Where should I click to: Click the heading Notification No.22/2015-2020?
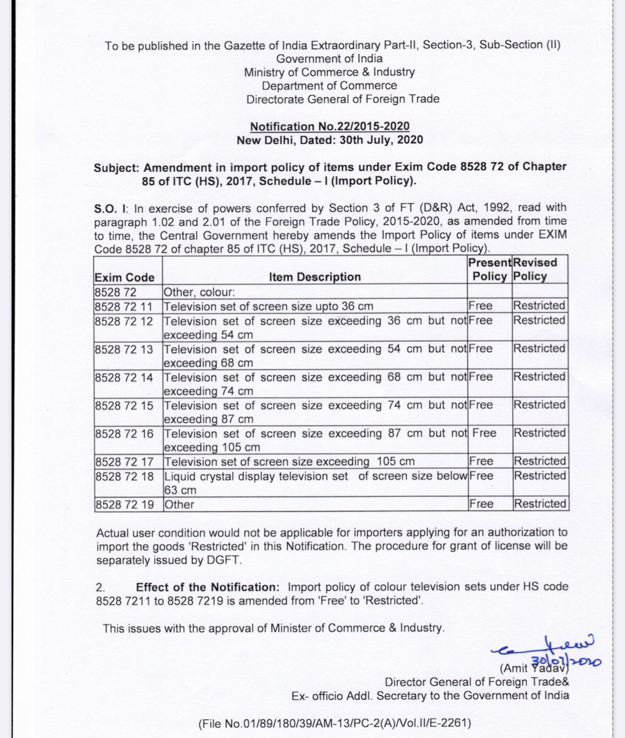[x=330, y=126]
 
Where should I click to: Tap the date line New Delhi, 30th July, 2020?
[x=330, y=140]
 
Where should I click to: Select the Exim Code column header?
[x=124, y=277]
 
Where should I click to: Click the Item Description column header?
[x=315, y=277]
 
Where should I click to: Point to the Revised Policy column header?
[x=535, y=269]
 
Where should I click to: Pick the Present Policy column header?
[x=490, y=269]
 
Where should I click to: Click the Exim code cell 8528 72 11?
[x=123, y=307]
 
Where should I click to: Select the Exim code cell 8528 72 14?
[x=124, y=378]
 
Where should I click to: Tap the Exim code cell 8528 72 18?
[x=124, y=476]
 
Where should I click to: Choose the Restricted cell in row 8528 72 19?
[x=539, y=504]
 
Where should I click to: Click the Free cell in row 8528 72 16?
[x=484, y=433]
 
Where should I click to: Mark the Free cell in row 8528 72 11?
[x=481, y=306]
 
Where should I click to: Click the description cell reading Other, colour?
[x=199, y=292]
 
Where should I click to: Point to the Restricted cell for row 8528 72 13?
[x=539, y=349]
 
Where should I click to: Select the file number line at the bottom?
[x=335, y=724]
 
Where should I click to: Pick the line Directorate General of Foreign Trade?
[x=343, y=99]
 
